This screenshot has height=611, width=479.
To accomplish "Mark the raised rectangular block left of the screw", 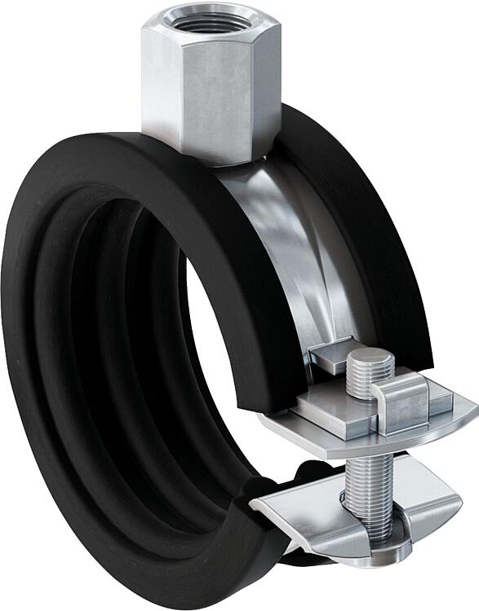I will pos(330,411).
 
